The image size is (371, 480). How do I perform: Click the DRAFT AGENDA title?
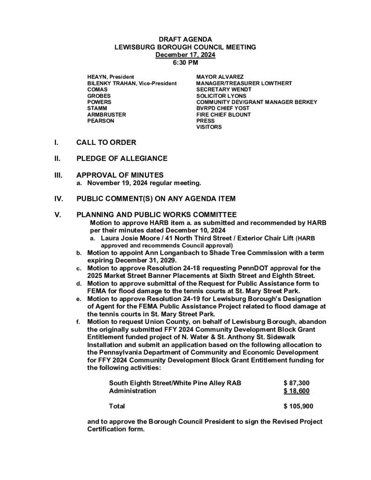185,40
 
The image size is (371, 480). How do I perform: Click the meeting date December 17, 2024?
185,55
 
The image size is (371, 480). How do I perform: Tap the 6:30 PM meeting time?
185,62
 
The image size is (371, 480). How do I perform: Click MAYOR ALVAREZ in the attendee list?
220,76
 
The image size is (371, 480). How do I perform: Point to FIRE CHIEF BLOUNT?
223,114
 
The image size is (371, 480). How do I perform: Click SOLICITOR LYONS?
221,96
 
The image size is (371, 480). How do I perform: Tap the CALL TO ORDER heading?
106,142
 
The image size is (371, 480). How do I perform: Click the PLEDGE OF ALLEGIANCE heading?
122,158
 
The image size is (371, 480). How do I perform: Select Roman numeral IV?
59,199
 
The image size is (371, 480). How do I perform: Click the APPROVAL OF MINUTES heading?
120,175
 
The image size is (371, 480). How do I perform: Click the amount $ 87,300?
296,383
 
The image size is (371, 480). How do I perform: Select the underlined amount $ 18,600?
296,391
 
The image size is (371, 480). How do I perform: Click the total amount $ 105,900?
298,406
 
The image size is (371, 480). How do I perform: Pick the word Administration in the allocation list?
132,391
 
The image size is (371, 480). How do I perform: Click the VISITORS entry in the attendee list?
209,127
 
